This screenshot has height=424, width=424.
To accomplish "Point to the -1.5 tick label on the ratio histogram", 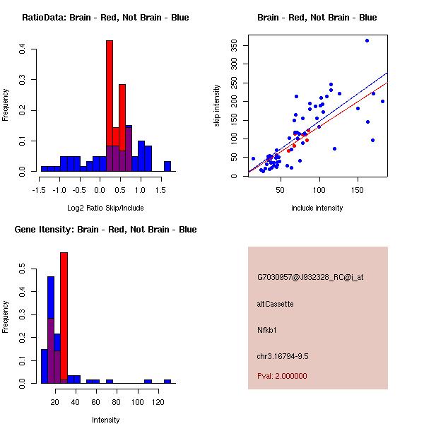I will point(40,189).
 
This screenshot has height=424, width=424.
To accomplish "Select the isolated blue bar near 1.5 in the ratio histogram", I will point(167,167).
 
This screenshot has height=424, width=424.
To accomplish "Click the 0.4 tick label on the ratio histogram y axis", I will point(23,49).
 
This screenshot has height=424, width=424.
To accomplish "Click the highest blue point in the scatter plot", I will point(367,40).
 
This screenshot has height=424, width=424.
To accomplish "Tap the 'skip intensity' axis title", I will point(218,105).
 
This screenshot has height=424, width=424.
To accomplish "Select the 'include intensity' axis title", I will point(317,208).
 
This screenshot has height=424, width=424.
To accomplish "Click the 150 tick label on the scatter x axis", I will point(358,189).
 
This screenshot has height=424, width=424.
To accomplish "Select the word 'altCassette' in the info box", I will point(276,304).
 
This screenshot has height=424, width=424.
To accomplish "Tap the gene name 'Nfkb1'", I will point(267,329).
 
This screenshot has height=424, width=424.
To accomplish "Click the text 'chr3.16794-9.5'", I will point(283,355).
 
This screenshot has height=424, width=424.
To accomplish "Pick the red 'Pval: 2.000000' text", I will point(282,376).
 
